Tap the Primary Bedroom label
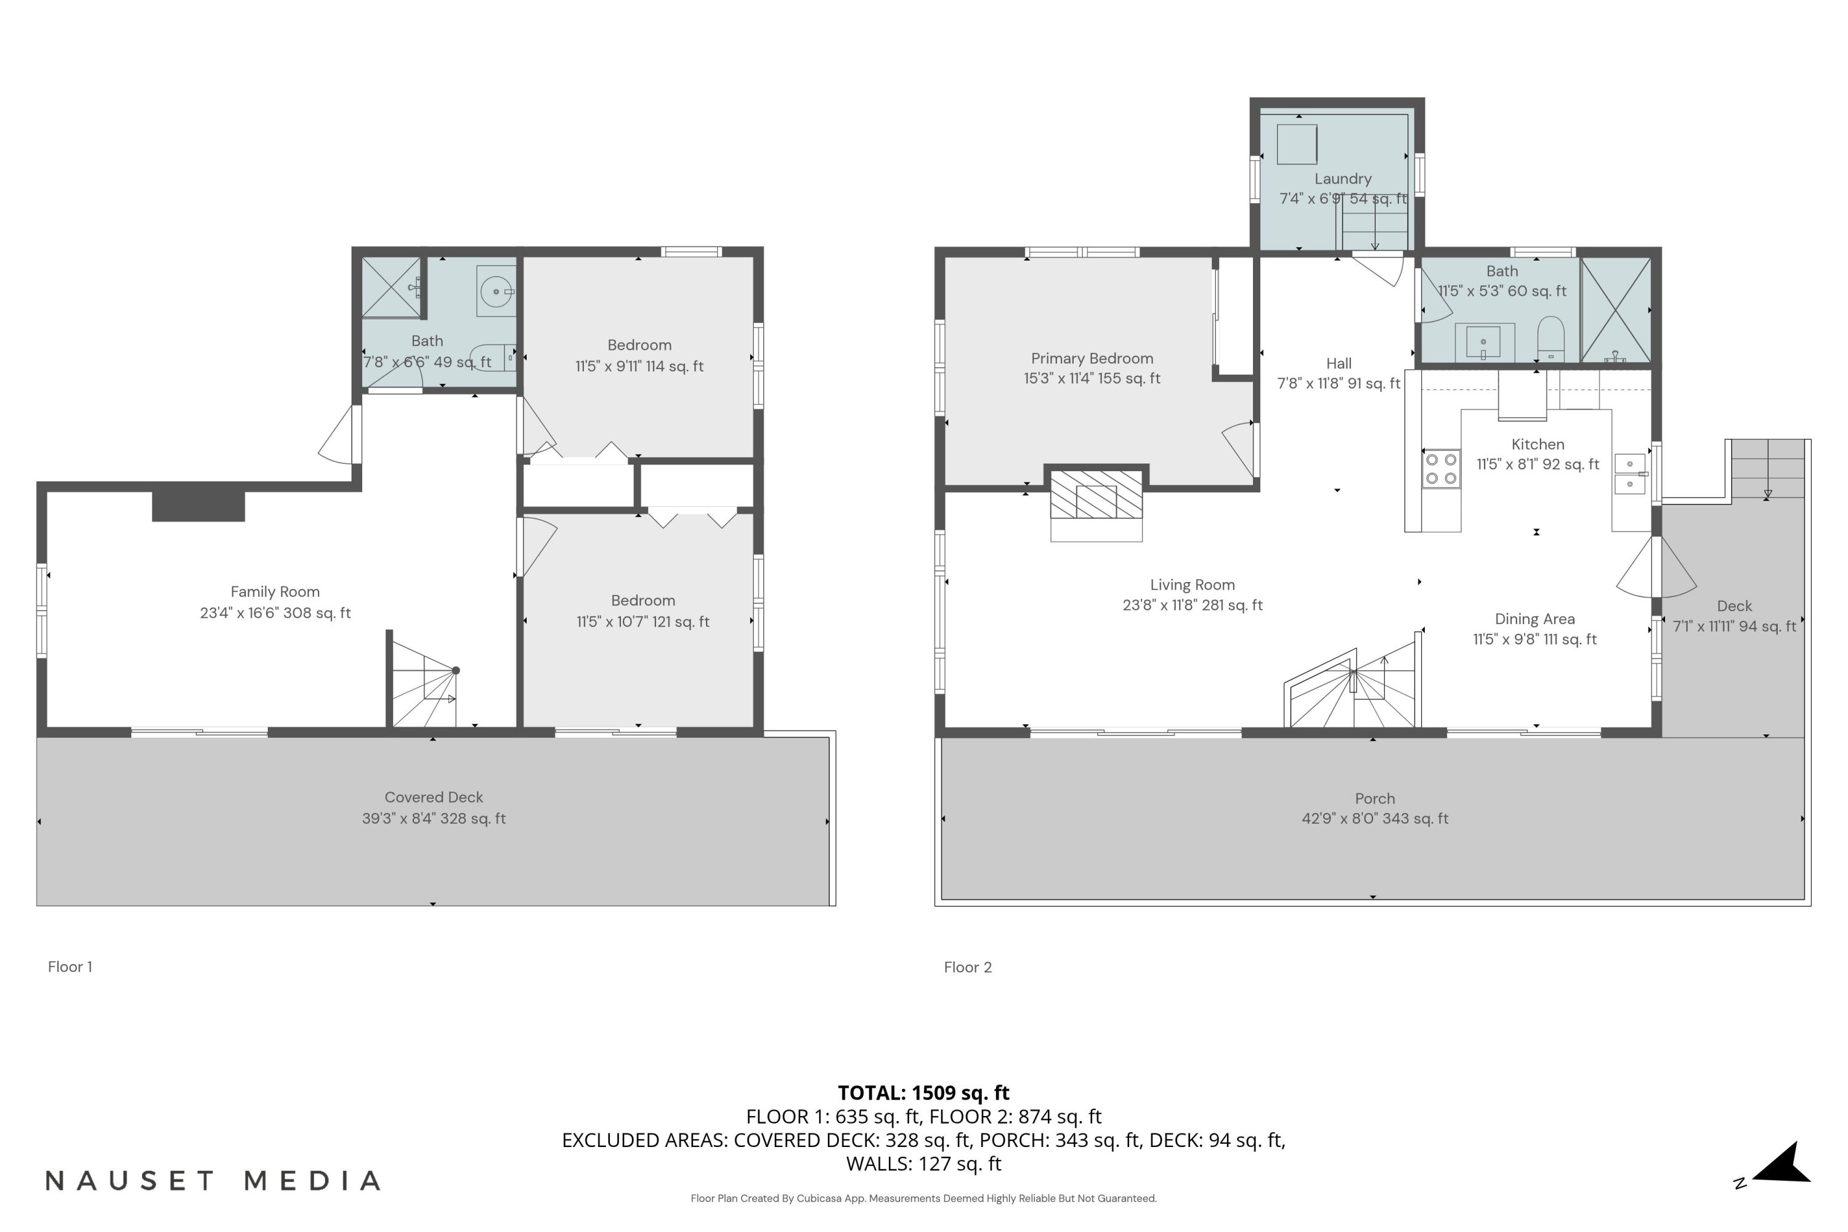[x=1092, y=359]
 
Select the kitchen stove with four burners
[x=1441, y=469]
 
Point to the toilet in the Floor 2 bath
[x=1550, y=338]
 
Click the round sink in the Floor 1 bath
[x=496, y=291]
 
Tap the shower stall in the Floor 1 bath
[x=391, y=288]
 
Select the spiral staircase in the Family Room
[x=424, y=682]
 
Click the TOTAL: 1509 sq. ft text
[x=923, y=1093]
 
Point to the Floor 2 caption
[x=968, y=967]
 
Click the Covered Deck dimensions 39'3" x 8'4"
[x=434, y=819]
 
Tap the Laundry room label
[x=1343, y=179]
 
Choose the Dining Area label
[x=1534, y=619]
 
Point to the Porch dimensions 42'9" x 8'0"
[x=1374, y=819]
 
